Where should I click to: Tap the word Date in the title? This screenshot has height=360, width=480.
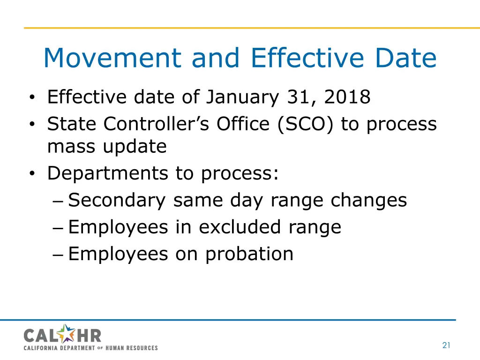(403, 59)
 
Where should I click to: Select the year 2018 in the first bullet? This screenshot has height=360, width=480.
(347, 97)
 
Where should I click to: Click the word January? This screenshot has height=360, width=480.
(242, 97)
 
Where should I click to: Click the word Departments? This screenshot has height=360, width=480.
(107, 174)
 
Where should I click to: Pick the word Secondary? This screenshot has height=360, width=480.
(117, 201)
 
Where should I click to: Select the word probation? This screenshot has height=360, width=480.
(249, 255)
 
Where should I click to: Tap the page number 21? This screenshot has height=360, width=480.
(446, 345)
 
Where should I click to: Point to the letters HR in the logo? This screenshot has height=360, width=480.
(90, 336)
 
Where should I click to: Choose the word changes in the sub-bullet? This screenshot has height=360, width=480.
(368, 201)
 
